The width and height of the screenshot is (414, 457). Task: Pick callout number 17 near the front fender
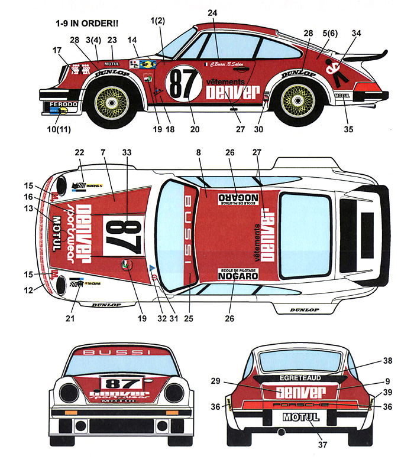57,51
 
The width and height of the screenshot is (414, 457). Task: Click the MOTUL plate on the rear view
301,417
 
